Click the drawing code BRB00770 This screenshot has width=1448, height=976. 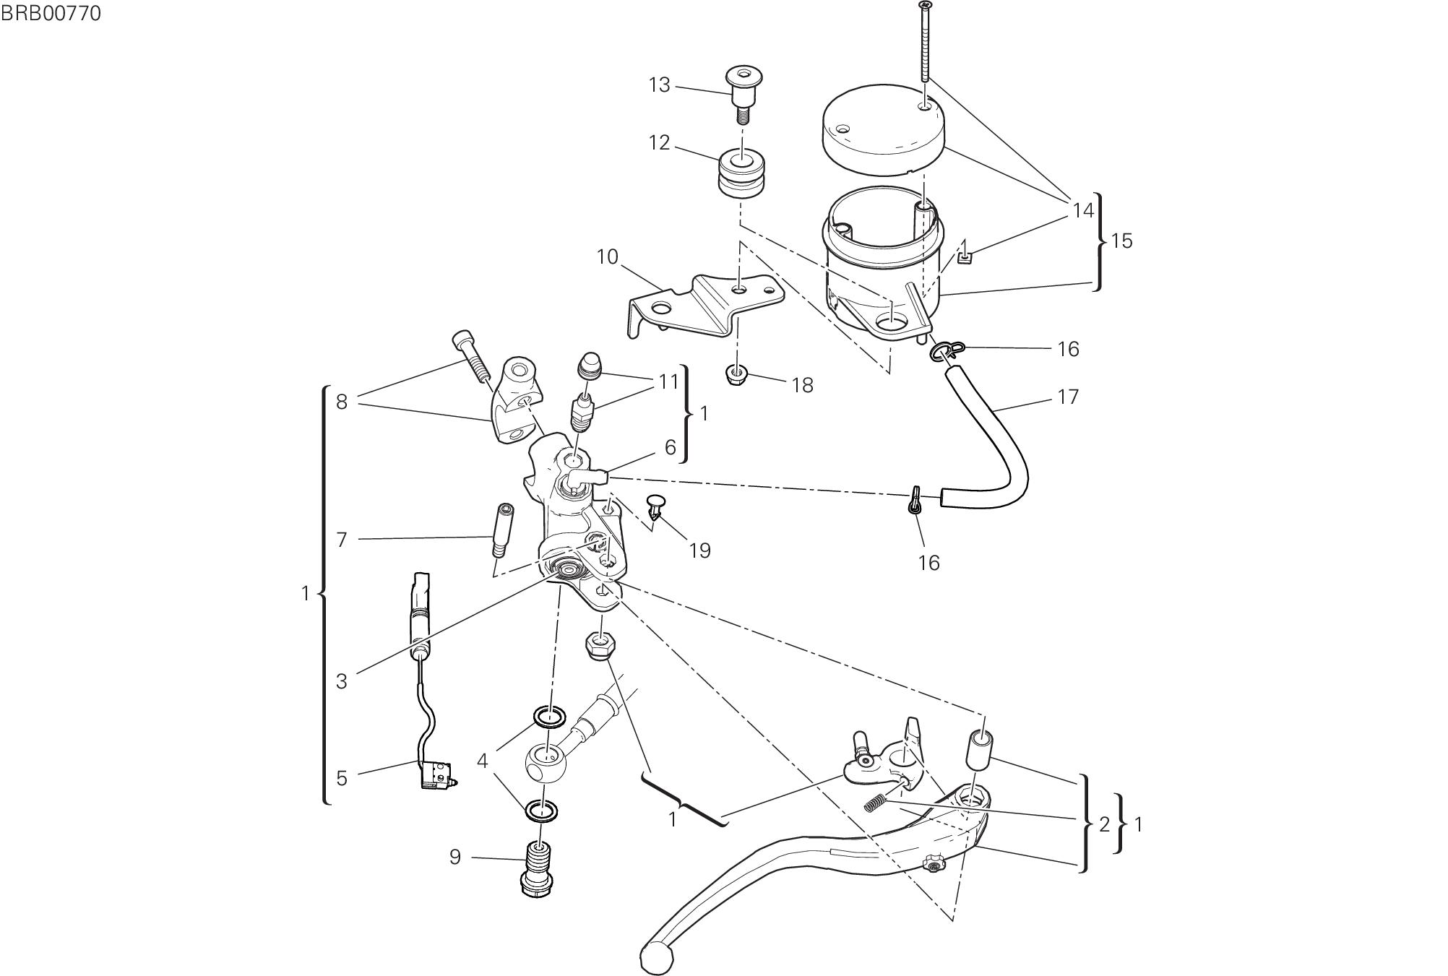51,14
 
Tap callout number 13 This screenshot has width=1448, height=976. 659,85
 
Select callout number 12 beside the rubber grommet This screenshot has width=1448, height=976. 659,143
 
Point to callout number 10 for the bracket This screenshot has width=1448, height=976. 607,257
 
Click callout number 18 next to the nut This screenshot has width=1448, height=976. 802,385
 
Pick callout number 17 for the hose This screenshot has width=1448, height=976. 1067,397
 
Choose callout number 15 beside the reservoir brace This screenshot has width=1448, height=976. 1121,241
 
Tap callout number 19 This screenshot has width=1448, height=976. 699,550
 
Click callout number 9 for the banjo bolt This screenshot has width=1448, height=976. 454,858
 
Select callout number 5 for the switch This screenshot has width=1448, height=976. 342,778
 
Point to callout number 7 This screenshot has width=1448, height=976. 342,540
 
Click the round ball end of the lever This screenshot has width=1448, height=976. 656,957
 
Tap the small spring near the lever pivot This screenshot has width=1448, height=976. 874,802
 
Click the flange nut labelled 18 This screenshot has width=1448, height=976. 736,374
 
